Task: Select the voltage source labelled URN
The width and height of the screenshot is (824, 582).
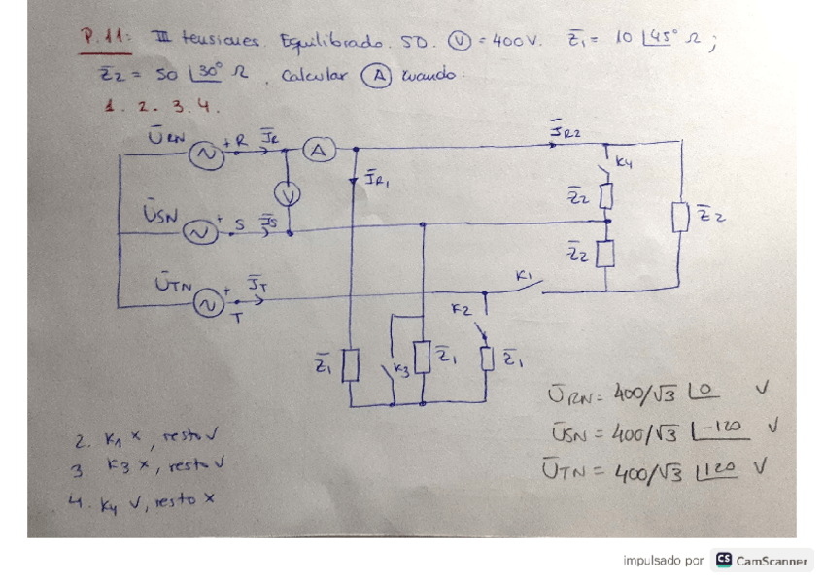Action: (x=205, y=154)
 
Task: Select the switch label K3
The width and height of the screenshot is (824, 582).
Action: (x=400, y=370)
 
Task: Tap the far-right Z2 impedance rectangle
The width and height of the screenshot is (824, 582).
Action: (x=679, y=218)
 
